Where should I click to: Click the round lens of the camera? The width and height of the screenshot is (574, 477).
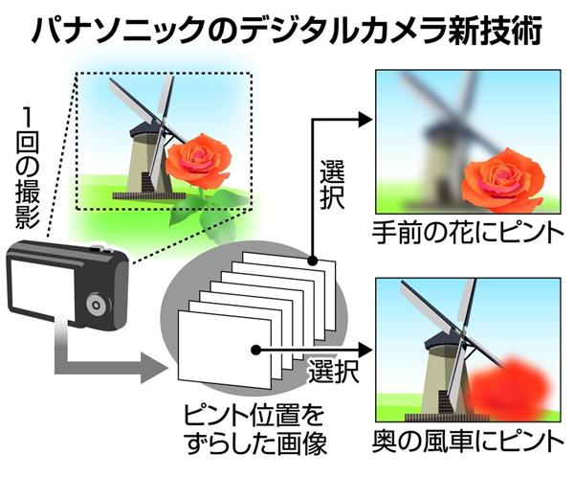coord(96,307)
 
